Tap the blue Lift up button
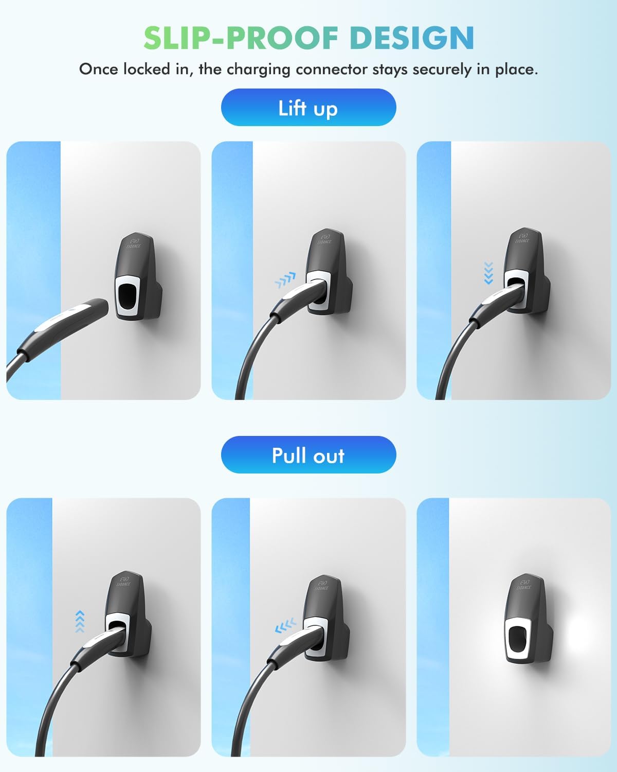coord(308,108)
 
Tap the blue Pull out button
coord(308,455)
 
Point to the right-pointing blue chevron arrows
coord(285,280)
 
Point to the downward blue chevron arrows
coord(488,273)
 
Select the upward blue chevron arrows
coord(79,621)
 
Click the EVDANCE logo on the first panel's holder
coord(134,243)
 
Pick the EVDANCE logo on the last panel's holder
coord(523,585)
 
